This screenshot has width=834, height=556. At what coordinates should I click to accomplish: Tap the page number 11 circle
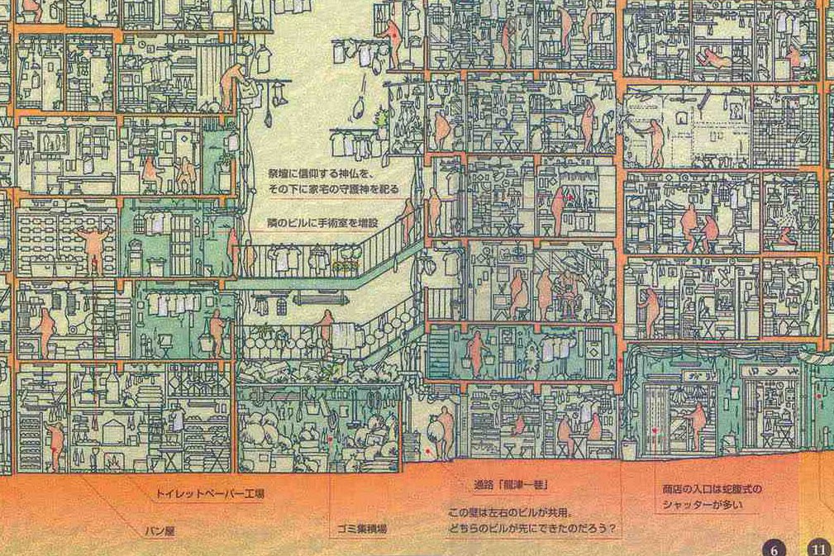(x=818, y=548)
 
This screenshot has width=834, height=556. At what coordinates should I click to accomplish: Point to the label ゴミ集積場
(x=362, y=527)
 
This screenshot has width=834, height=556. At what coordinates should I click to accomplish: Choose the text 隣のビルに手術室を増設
(x=322, y=222)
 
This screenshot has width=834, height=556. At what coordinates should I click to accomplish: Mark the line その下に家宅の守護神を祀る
(x=333, y=189)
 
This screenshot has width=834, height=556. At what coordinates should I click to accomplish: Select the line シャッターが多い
(x=703, y=504)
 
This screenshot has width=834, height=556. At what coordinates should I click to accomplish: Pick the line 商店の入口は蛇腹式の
(x=712, y=489)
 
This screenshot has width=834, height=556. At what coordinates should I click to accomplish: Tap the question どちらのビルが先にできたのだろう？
(x=534, y=527)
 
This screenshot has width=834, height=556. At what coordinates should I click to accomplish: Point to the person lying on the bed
(x=712, y=59)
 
